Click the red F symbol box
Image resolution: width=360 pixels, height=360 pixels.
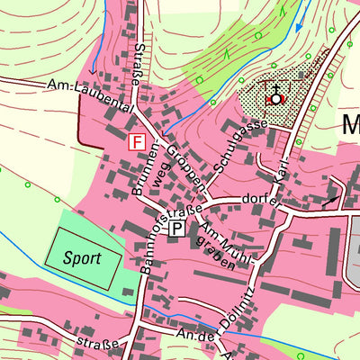[137, 142]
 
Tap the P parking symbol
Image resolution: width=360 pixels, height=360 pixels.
[177, 229]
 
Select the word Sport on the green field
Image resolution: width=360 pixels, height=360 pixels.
[81, 257]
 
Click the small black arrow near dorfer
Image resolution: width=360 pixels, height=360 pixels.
[333, 195]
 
